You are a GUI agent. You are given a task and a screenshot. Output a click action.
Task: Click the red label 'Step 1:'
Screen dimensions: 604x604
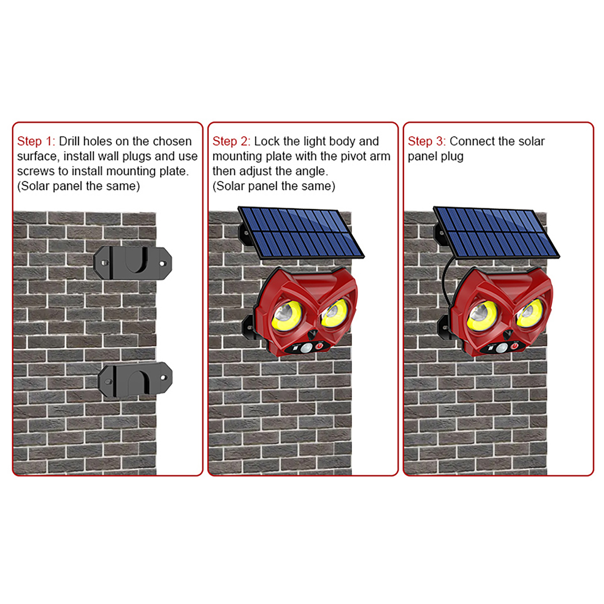tap(36, 141)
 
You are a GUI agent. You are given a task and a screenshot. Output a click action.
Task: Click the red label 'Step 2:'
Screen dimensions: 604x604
tap(231, 141)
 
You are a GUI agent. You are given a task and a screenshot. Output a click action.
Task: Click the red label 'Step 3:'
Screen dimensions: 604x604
tap(427, 141)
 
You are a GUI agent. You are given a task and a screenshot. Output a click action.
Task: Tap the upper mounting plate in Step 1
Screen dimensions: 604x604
tap(133, 263)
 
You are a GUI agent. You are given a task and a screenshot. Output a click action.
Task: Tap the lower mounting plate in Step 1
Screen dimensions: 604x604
tap(135, 379)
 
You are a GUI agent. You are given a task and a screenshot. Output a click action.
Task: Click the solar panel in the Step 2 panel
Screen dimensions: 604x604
tap(301, 233)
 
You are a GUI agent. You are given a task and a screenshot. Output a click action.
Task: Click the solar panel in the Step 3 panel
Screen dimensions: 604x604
tap(497, 233)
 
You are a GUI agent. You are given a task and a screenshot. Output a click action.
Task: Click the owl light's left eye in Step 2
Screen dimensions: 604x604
tap(287, 315)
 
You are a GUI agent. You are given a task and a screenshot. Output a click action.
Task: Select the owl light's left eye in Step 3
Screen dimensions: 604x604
tap(482, 315)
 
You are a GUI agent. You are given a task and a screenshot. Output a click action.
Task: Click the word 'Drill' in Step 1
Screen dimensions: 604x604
tap(69, 141)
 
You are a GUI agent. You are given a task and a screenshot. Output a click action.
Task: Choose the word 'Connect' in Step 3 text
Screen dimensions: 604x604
tap(472, 141)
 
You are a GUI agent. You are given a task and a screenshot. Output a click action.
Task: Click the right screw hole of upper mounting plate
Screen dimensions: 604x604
tap(163, 263)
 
